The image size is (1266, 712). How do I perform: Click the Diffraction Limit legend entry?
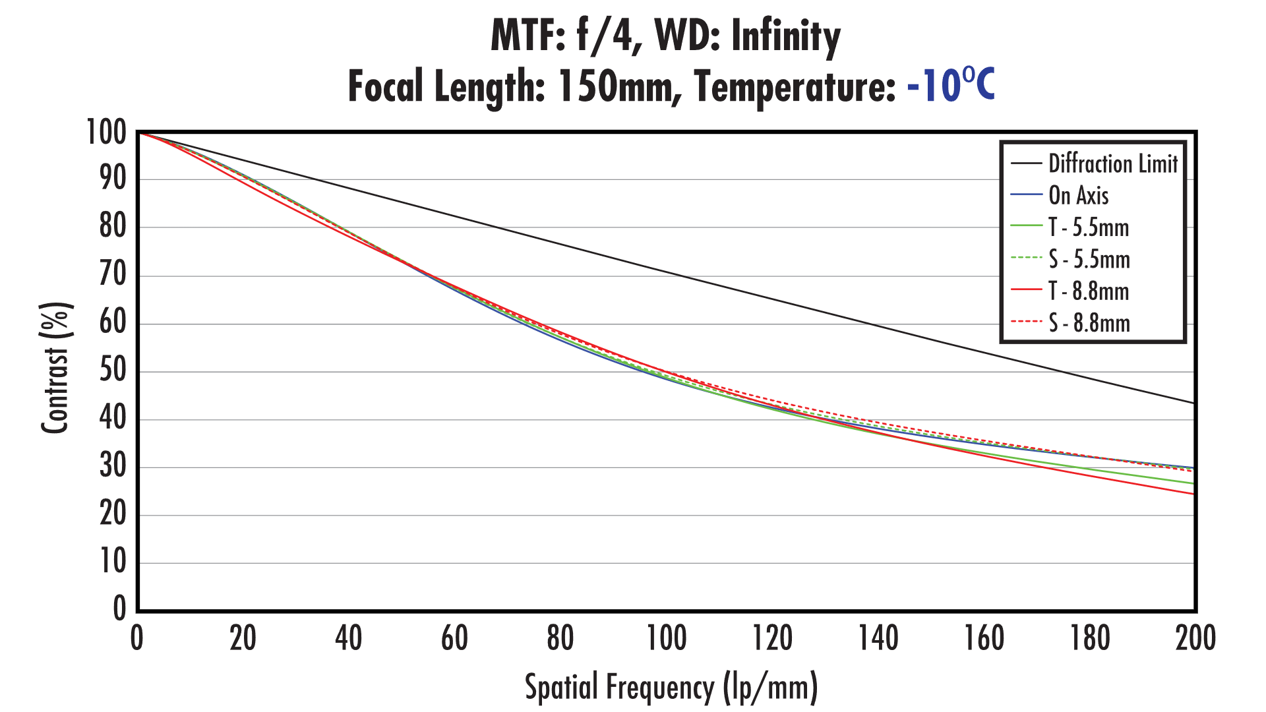pyautogui.click(x=1112, y=163)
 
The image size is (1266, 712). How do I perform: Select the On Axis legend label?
pyautogui.click(x=1078, y=195)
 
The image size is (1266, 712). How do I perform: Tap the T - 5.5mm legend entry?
pyautogui.click(x=1089, y=227)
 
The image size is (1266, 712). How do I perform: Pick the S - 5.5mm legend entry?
pyautogui.click(x=1089, y=259)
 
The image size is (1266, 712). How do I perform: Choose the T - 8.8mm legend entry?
pyautogui.click(x=1089, y=291)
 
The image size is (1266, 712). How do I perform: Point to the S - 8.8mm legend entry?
pyautogui.click(x=1089, y=323)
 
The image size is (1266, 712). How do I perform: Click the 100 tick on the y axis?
pyautogui.click(x=107, y=133)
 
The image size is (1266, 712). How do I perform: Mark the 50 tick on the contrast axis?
pyautogui.click(x=113, y=371)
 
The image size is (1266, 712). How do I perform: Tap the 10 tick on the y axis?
pyautogui.click(x=113, y=562)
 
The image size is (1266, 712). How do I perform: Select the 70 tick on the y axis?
pyautogui.click(x=113, y=275)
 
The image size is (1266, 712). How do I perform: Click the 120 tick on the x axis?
pyautogui.click(x=772, y=638)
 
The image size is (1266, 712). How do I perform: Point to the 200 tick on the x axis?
pyautogui.click(x=1195, y=638)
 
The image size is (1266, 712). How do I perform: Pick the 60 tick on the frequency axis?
pyautogui.click(x=454, y=638)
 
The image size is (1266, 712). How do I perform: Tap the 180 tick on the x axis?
pyautogui.click(x=1090, y=638)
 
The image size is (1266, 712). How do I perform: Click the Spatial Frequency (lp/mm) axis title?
pyautogui.click(x=671, y=687)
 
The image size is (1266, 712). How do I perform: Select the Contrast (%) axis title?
pyautogui.click(x=55, y=368)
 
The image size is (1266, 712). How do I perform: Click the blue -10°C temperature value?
pyautogui.click(x=950, y=86)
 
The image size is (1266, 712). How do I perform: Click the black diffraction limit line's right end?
pyautogui.click(x=1193, y=403)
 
